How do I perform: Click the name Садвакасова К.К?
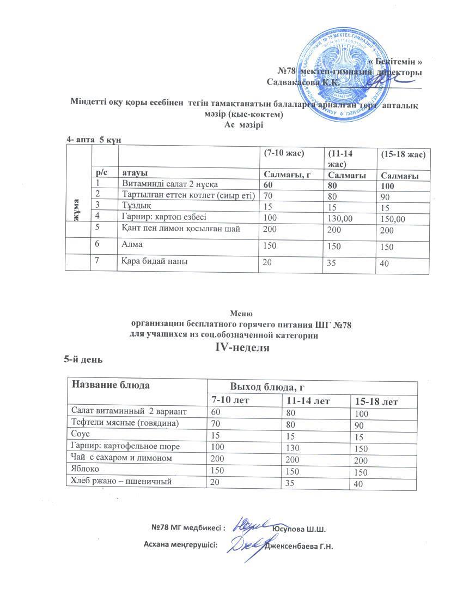click(x=303, y=82)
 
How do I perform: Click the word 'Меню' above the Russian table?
click(x=240, y=314)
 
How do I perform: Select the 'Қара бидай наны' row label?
click(x=155, y=262)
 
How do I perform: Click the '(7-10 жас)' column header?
click(x=283, y=153)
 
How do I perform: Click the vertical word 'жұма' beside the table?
click(x=78, y=209)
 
